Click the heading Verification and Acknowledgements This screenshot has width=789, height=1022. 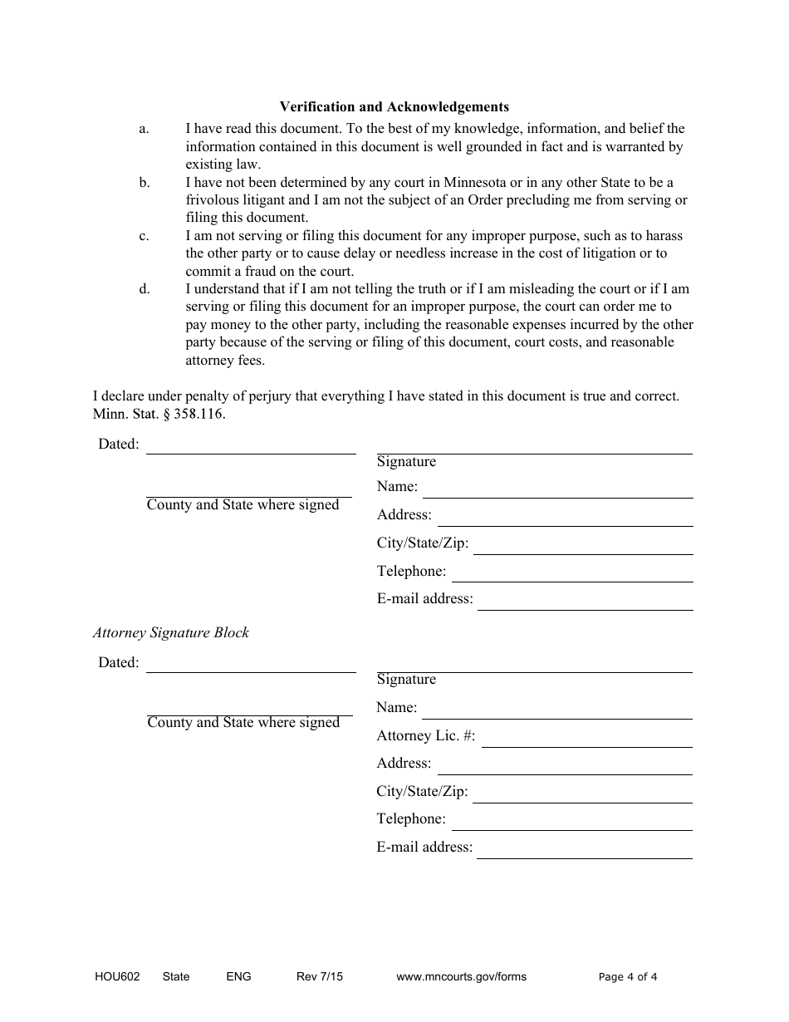(394, 106)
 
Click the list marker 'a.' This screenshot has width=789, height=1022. (144, 129)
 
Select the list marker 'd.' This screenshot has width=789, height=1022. (145, 289)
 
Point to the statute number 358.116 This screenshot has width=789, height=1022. (199, 414)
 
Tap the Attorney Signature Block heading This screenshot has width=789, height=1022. (170, 632)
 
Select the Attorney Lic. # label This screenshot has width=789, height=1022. (426, 735)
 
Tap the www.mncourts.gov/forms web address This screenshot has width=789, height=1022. (461, 977)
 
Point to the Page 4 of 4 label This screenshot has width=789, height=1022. (628, 977)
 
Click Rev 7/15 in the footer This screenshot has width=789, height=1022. (319, 977)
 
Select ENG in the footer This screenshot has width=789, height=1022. (238, 977)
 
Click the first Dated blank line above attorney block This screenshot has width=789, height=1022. (251, 452)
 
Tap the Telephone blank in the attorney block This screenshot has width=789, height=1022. (571, 828)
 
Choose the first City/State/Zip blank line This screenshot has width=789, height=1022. (583, 553)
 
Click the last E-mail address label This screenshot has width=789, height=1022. (424, 848)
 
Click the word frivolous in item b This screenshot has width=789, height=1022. (216, 200)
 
